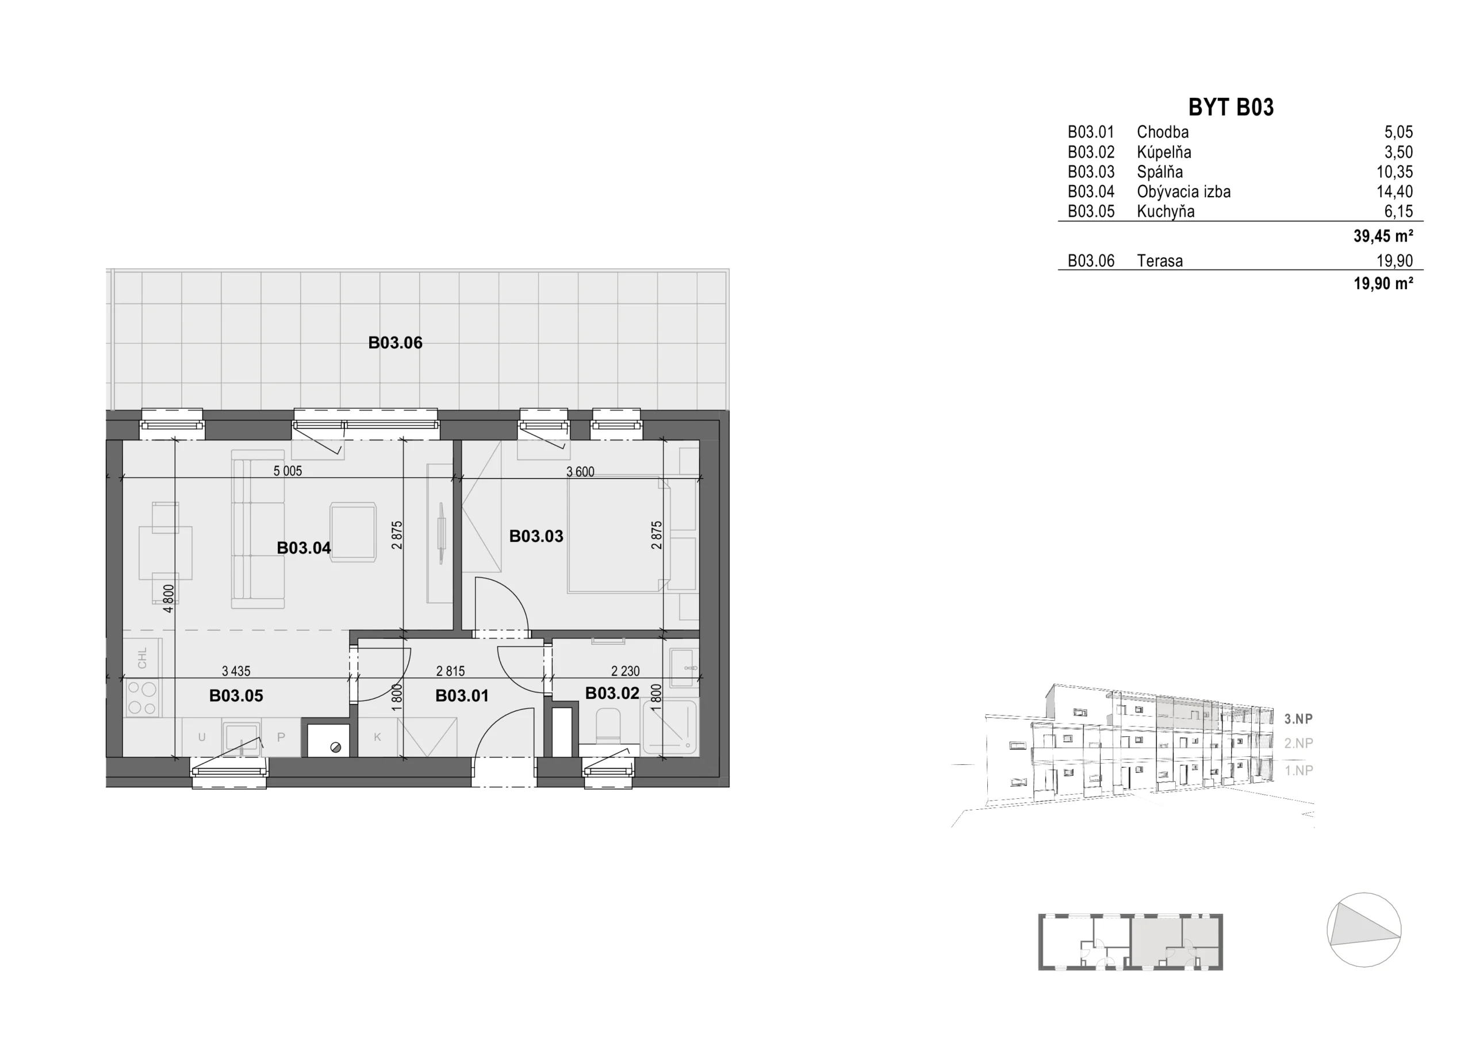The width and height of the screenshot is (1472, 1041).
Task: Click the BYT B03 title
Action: coord(1230,107)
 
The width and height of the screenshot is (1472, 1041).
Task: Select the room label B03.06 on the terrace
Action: coord(395,343)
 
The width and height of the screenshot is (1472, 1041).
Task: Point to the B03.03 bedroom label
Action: coord(536,536)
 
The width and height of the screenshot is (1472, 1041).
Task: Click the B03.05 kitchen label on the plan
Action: coord(236,696)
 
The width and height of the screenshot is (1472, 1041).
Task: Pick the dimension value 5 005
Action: coord(287,472)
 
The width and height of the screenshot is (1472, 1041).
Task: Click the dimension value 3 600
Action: coord(580,472)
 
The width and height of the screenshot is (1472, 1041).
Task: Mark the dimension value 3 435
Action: coord(236,672)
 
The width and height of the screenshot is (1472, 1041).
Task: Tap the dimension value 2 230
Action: coord(625,672)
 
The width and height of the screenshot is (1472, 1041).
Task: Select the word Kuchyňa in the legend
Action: coord(1166,212)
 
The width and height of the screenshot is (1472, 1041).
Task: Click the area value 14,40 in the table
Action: coord(1394,192)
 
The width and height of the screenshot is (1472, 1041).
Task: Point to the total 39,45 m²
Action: coord(1383,236)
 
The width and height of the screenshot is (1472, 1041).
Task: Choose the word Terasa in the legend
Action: coord(1160,261)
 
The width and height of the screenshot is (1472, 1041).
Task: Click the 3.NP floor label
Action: coord(1299,719)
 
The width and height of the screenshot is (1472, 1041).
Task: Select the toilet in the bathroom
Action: coord(608,726)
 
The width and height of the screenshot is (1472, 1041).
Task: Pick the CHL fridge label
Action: coord(143,657)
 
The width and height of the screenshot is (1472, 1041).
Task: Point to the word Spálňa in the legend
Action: coord(1160,172)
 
